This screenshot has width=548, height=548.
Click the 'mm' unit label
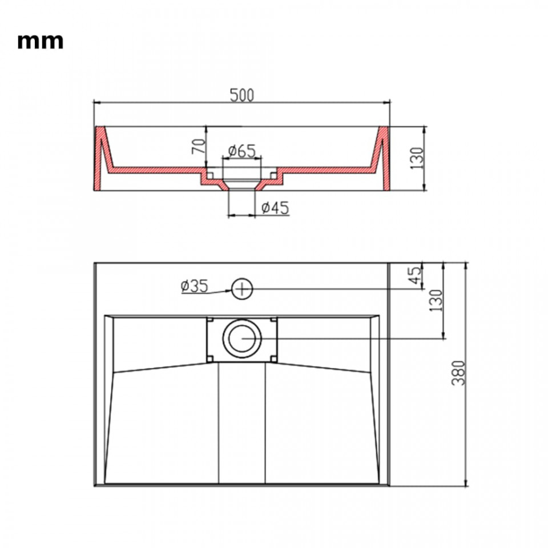(x=40, y=41)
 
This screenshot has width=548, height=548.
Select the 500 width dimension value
(x=242, y=95)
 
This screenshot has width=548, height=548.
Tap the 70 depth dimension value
(x=198, y=147)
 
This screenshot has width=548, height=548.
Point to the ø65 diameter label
(x=242, y=151)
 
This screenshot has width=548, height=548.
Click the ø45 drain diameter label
(x=275, y=208)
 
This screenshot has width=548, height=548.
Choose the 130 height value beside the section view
(x=416, y=158)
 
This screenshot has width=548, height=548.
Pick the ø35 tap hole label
(x=194, y=286)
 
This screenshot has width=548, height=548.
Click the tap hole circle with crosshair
(x=242, y=289)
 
